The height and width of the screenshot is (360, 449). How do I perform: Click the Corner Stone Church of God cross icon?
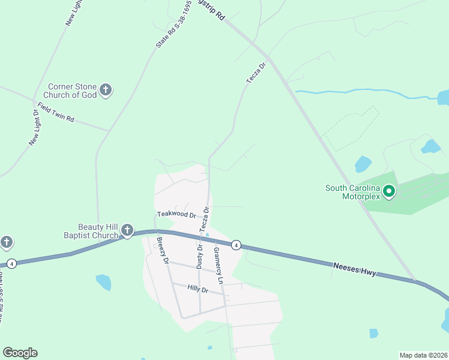tap(106, 91)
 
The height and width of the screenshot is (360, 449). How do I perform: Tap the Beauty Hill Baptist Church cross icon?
tap(127, 230)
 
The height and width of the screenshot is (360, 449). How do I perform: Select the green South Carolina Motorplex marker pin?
tap(389, 192)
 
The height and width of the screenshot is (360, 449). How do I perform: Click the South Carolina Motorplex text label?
tap(353, 192)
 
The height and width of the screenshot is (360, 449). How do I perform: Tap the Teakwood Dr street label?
tap(176, 214)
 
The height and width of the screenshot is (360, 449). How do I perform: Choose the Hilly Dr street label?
tap(197, 290)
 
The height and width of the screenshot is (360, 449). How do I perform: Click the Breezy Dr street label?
tap(161, 248)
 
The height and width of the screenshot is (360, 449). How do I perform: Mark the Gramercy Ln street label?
tap(218, 266)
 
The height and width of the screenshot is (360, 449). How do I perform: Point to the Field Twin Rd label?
tap(55, 113)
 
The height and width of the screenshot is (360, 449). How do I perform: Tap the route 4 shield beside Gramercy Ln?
tap(237, 245)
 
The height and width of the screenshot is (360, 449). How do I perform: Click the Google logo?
tap(20, 353)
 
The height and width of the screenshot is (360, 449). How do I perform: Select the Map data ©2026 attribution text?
tap(423, 355)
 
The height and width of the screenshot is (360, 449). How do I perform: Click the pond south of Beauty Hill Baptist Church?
tap(103, 282)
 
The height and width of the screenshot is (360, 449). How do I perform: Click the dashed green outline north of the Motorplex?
tap(351, 129)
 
